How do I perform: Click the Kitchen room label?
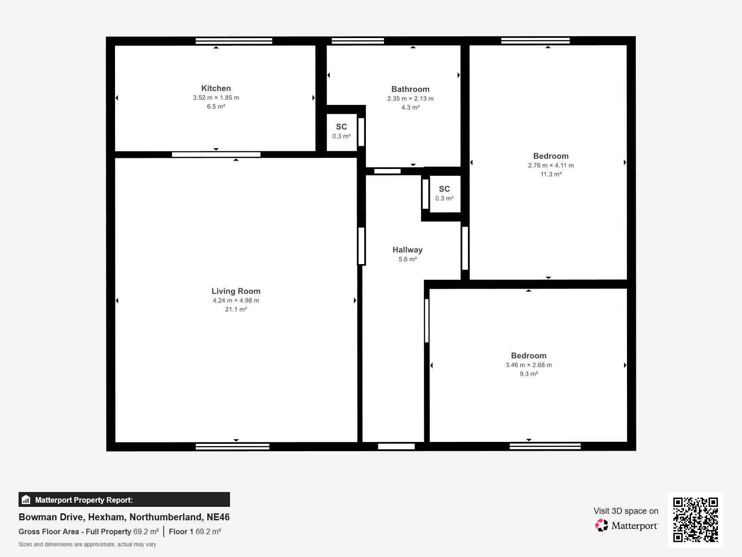pos(216,88)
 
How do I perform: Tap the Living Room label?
pos(236,291)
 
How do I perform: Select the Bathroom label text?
pos(410,89)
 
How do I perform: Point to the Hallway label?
pos(407,250)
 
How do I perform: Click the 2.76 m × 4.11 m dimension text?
pos(550,165)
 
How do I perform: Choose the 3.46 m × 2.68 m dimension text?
pos(529,365)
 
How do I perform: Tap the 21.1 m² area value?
pos(236,309)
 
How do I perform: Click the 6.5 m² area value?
pos(216,106)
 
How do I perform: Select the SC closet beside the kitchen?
pos(341,132)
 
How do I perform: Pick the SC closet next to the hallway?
pos(445,194)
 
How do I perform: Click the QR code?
pos(695,520)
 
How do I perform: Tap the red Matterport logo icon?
pos(601,525)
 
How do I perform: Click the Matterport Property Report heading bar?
pos(124,499)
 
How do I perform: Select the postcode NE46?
pos(218,517)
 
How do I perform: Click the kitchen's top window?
pos(234,41)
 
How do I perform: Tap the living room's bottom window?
pos(233,447)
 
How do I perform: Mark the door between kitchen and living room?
pos(217,155)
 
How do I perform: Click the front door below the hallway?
pos(396,447)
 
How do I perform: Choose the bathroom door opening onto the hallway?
pos(387,171)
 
